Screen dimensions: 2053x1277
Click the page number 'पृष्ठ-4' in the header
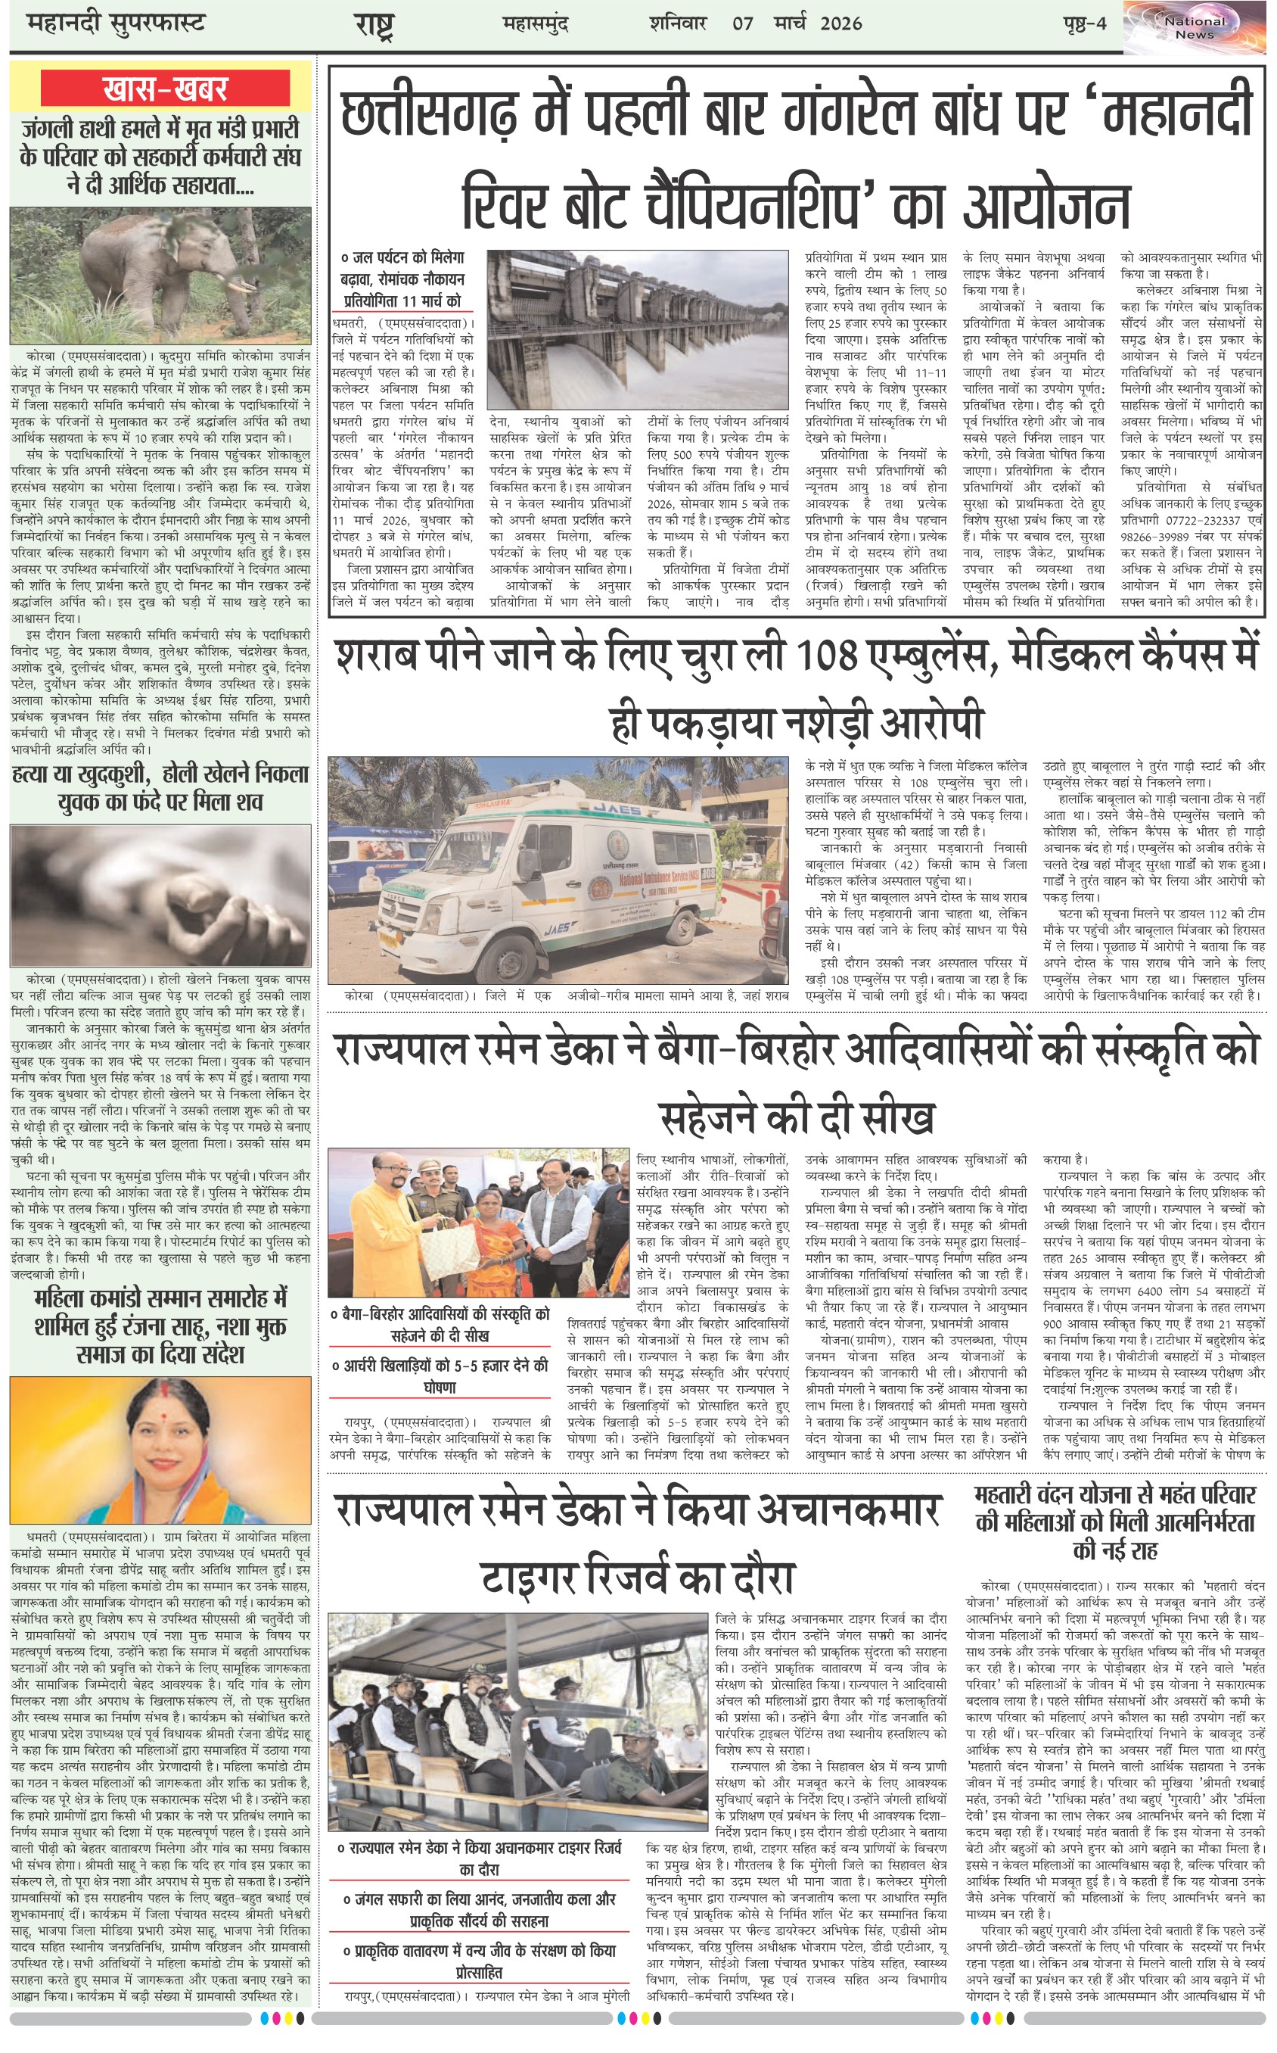click(1084, 23)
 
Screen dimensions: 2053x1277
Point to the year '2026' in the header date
click(840, 23)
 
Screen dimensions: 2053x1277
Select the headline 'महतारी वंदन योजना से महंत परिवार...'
click(1114, 1522)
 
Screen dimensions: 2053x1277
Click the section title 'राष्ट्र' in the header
click(375, 24)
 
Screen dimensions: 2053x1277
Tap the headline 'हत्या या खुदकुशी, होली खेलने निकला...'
click(160, 787)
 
